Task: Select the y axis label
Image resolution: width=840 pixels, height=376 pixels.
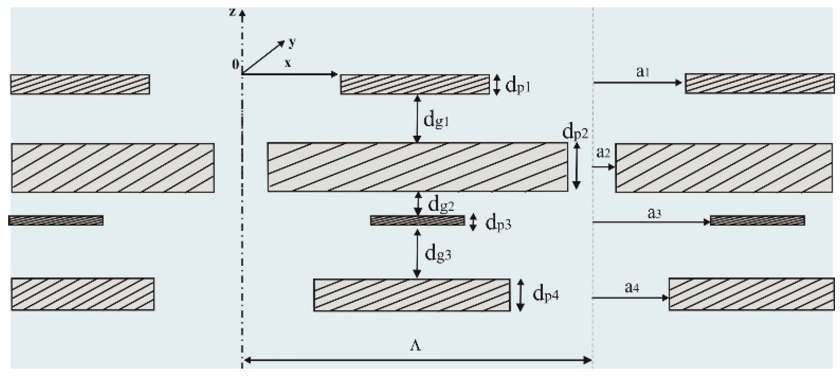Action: [292, 43]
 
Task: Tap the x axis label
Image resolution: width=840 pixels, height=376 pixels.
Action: [288, 63]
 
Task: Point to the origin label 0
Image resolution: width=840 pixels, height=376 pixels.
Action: [235, 64]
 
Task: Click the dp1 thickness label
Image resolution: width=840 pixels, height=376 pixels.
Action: [517, 86]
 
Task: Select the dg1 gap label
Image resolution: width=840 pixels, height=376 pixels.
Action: [436, 120]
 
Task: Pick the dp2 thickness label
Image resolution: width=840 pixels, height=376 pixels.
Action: [575, 133]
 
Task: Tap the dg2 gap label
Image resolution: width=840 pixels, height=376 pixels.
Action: [441, 205]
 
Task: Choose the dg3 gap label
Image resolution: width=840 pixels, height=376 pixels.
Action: [438, 254]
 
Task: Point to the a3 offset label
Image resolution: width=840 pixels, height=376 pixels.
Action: [654, 213]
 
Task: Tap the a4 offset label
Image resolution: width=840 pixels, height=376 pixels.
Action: [632, 287]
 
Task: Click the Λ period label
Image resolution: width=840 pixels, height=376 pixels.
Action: [415, 346]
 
